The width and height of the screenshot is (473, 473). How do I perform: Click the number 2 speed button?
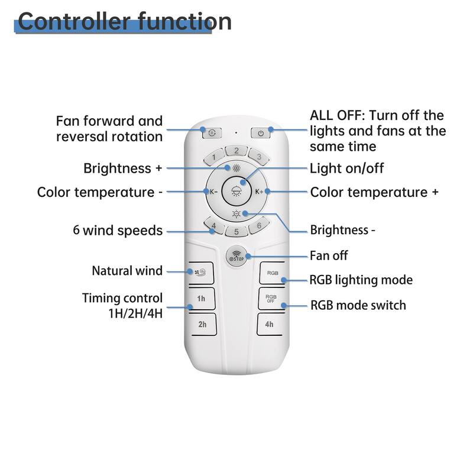[x=236, y=151]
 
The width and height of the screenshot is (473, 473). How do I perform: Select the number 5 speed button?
[x=236, y=232]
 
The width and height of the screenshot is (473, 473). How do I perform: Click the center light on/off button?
[x=236, y=192]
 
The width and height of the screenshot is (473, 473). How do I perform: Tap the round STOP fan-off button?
[x=236, y=257]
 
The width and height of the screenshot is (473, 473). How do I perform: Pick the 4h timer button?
[x=270, y=325]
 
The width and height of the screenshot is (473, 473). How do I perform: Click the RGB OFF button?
[x=271, y=299]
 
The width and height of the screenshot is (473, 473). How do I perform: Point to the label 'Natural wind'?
[x=127, y=271]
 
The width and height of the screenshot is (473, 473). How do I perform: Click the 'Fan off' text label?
[x=329, y=256]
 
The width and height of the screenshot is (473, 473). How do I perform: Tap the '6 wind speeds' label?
[x=122, y=231]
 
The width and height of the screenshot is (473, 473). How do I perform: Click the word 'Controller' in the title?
[x=67, y=22]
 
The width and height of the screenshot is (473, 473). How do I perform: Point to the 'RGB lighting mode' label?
[x=361, y=280]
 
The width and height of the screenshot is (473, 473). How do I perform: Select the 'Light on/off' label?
[x=346, y=169]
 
